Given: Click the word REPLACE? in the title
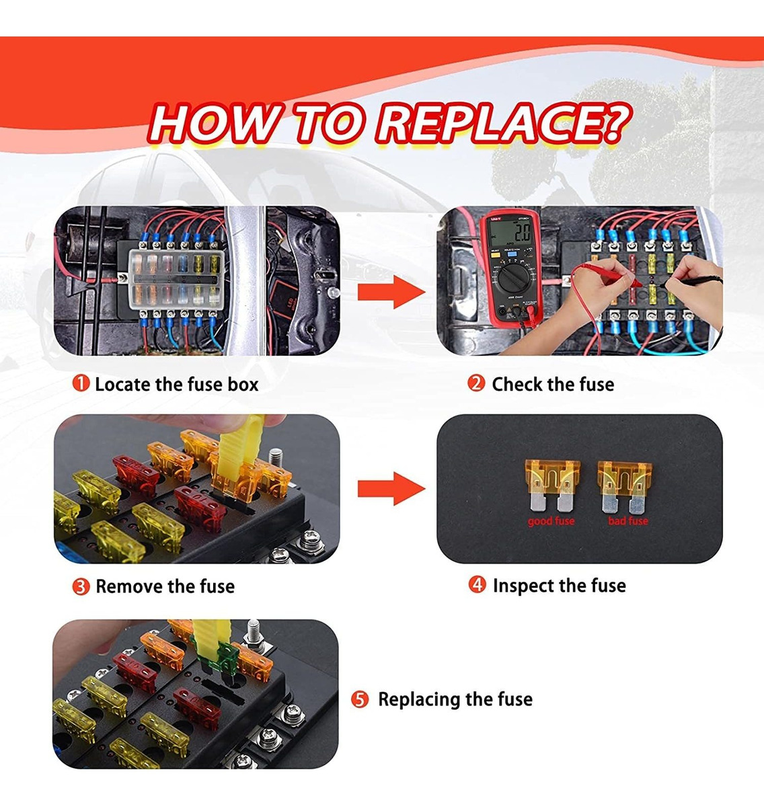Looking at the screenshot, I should [x=503, y=123].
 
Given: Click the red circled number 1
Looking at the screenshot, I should [x=81, y=384].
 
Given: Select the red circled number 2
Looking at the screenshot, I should [x=476, y=384].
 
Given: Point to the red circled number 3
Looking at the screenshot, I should [x=81, y=586].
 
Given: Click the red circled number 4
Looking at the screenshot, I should [x=477, y=585].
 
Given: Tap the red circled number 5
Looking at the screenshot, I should [x=360, y=699].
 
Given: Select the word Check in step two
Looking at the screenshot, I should [x=517, y=385].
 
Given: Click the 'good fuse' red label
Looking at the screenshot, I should [x=551, y=521].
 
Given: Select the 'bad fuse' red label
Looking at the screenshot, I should [x=628, y=521].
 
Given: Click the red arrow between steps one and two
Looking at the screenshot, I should [x=391, y=293].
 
